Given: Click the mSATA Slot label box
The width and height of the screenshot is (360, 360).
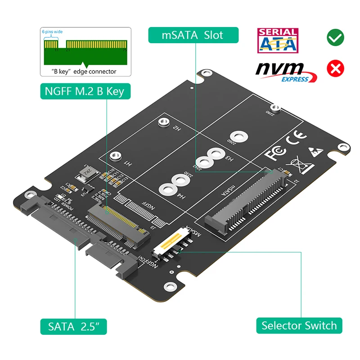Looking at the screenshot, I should (x=193, y=35).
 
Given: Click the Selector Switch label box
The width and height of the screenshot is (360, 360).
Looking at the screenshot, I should (x=299, y=325).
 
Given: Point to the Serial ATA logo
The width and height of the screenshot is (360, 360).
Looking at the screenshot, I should (x=277, y=40).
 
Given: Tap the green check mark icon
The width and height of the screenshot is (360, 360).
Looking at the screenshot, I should (x=335, y=38).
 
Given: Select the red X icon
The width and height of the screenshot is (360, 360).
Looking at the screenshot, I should (x=335, y=68).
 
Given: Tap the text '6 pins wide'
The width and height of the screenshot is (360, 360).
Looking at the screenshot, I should (x=53, y=32).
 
